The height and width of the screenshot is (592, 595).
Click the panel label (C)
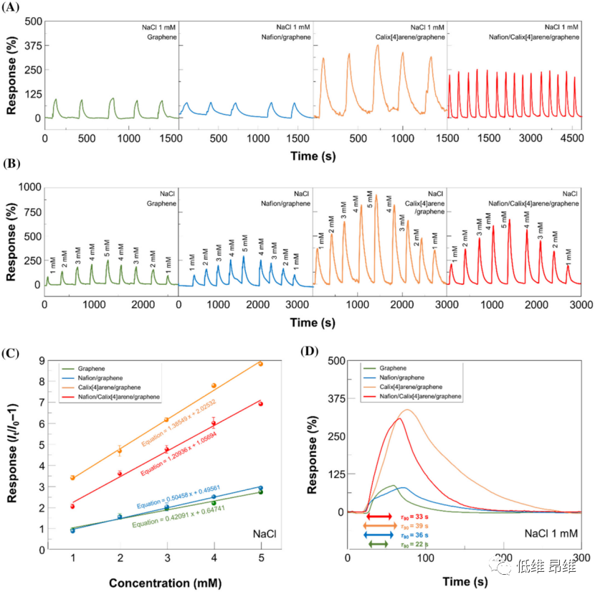coord(12,352)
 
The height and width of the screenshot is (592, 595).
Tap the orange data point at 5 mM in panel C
coord(260,364)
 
